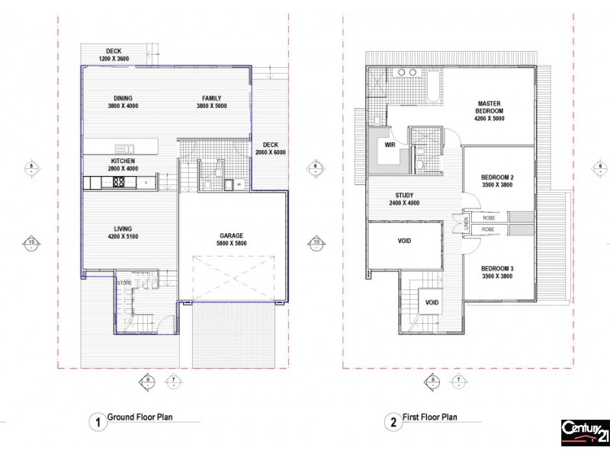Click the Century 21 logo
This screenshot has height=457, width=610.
point(585,432)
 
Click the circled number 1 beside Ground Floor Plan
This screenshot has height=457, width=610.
point(97,421)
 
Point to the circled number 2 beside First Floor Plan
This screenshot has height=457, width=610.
point(390,421)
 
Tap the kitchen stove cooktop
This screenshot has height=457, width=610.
point(120,182)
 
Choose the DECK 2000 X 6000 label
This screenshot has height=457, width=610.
point(271,148)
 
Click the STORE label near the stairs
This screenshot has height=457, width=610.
point(125,283)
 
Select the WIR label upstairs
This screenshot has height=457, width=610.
point(390,144)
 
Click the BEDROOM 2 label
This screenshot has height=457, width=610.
point(496,181)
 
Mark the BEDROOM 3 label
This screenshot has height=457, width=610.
point(496,272)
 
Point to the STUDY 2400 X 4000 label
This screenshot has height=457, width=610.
point(404,199)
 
